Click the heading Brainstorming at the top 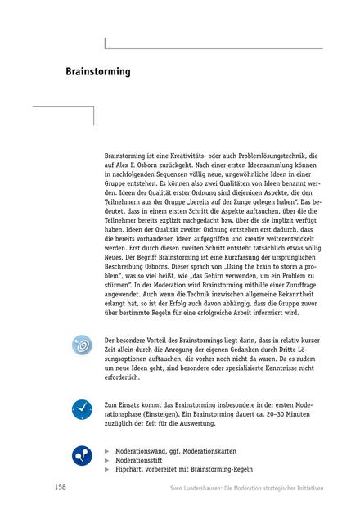click(x=98, y=72)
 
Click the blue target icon click(x=82, y=345)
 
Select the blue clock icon click(x=82, y=408)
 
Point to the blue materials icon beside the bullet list click(x=82, y=455)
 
